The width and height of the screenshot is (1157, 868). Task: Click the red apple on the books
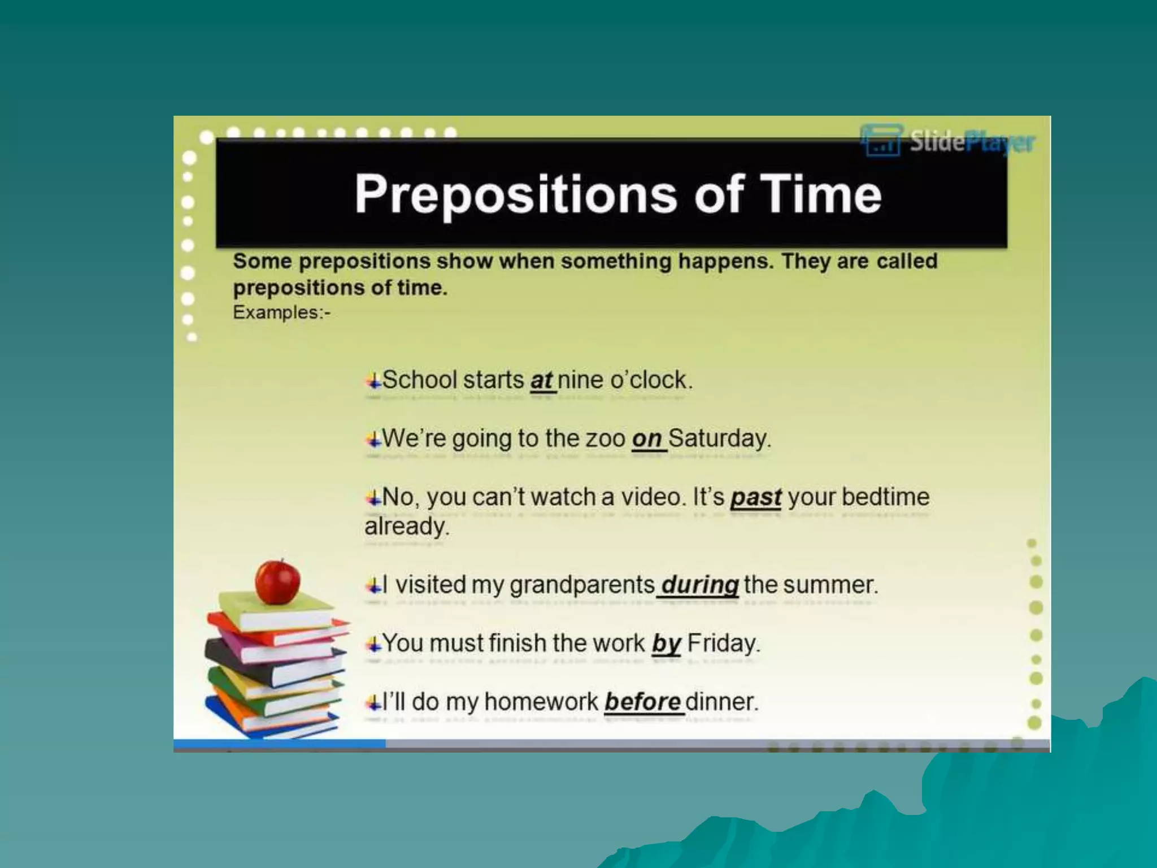pyautogui.click(x=277, y=581)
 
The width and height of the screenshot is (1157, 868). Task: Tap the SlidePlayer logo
pyautogui.click(x=948, y=141)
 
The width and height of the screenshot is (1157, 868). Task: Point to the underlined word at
pyautogui.click(x=541, y=380)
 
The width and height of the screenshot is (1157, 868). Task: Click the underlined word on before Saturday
pyautogui.click(x=647, y=439)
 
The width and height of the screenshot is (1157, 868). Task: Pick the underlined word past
pyautogui.click(x=755, y=498)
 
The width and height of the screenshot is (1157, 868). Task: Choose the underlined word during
pyautogui.click(x=699, y=585)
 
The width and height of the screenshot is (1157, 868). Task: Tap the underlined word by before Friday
pyautogui.click(x=666, y=644)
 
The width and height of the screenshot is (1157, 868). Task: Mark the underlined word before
pyautogui.click(x=642, y=702)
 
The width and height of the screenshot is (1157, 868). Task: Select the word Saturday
pyautogui.click(x=719, y=439)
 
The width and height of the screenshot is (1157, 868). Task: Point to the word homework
pyautogui.click(x=541, y=702)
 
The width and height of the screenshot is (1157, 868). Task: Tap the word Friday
pyautogui.click(x=724, y=644)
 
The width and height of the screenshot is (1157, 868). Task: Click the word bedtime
pyautogui.click(x=885, y=497)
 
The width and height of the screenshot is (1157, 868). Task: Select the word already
pyautogui.click(x=407, y=527)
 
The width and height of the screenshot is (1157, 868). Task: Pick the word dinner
pyautogui.click(x=721, y=702)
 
